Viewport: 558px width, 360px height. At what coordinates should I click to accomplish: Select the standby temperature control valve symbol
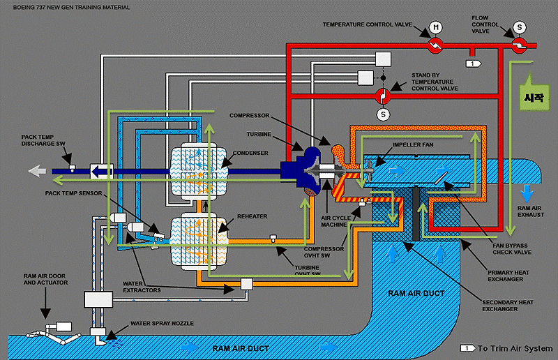(x=382, y=96)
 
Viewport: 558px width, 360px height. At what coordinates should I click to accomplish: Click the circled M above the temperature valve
(x=436, y=27)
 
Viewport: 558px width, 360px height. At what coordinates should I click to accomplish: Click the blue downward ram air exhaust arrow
(x=527, y=192)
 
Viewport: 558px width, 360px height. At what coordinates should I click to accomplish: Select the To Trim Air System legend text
(x=514, y=347)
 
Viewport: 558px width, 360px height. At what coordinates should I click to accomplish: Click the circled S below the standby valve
(x=382, y=114)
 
